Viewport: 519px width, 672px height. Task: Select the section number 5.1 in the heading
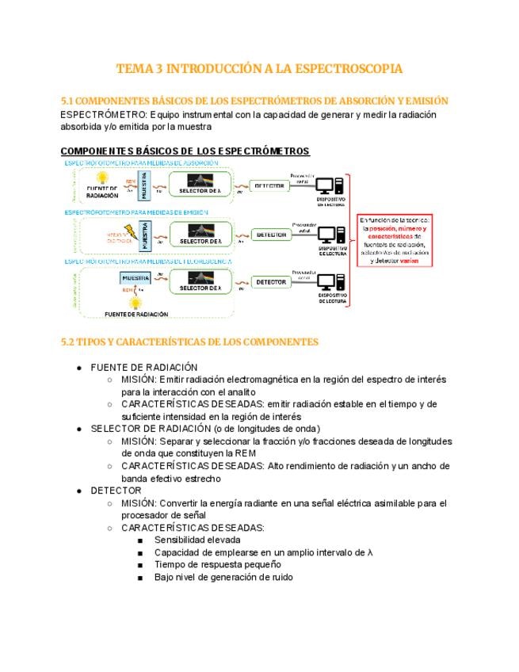pos(69,101)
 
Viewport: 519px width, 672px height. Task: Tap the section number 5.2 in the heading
pos(69,342)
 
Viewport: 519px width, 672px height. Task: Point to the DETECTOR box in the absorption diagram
pos(269,185)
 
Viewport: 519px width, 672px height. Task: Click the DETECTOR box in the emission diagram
pos(271,235)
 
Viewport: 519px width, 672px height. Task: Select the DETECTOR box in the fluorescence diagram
pos(271,282)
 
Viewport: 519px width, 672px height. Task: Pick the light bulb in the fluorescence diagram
pos(135,302)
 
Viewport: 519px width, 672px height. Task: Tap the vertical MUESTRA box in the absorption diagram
pos(143,185)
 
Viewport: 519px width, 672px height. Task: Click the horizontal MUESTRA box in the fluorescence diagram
pos(136,278)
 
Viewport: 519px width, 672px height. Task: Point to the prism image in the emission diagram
pos(200,231)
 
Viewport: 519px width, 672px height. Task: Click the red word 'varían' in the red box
pos(410,261)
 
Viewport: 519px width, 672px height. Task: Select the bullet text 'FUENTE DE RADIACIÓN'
pos(144,367)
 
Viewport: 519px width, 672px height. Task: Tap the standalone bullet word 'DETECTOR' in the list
pos(116,491)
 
